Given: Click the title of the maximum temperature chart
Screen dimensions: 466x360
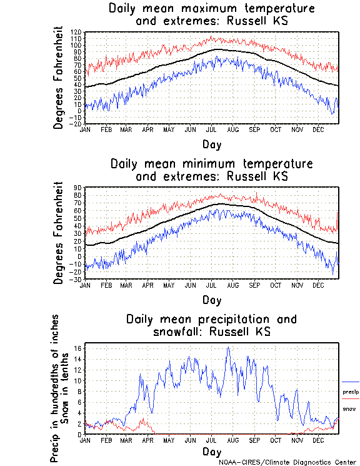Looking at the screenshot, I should (x=211, y=14).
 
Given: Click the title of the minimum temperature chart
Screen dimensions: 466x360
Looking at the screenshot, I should (x=211, y=170).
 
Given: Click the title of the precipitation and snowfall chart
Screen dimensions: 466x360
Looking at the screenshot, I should (x=211, y=325).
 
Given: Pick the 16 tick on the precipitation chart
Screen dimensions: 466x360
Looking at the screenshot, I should (x=79, y=348).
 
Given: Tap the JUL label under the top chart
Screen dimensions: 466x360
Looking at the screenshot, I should (x=211, y=129).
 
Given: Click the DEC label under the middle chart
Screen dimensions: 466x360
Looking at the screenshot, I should (x=317, y=285).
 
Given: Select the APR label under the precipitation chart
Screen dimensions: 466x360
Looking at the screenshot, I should (x=147, y=440).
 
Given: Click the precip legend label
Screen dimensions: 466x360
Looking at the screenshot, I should (x=351, y=392).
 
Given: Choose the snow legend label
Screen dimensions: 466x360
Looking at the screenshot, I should (x=349, y=408).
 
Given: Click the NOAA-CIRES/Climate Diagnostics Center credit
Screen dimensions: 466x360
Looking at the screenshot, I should (x=288, y=462).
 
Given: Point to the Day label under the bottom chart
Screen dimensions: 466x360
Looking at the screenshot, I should (x=211, y=451).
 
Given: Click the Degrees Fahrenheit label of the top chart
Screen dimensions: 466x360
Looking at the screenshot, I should (x=59, y=78).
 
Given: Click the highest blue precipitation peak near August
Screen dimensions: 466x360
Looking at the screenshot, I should (x=228, y=347).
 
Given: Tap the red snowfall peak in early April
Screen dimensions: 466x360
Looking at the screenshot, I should (x=145, y=419).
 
